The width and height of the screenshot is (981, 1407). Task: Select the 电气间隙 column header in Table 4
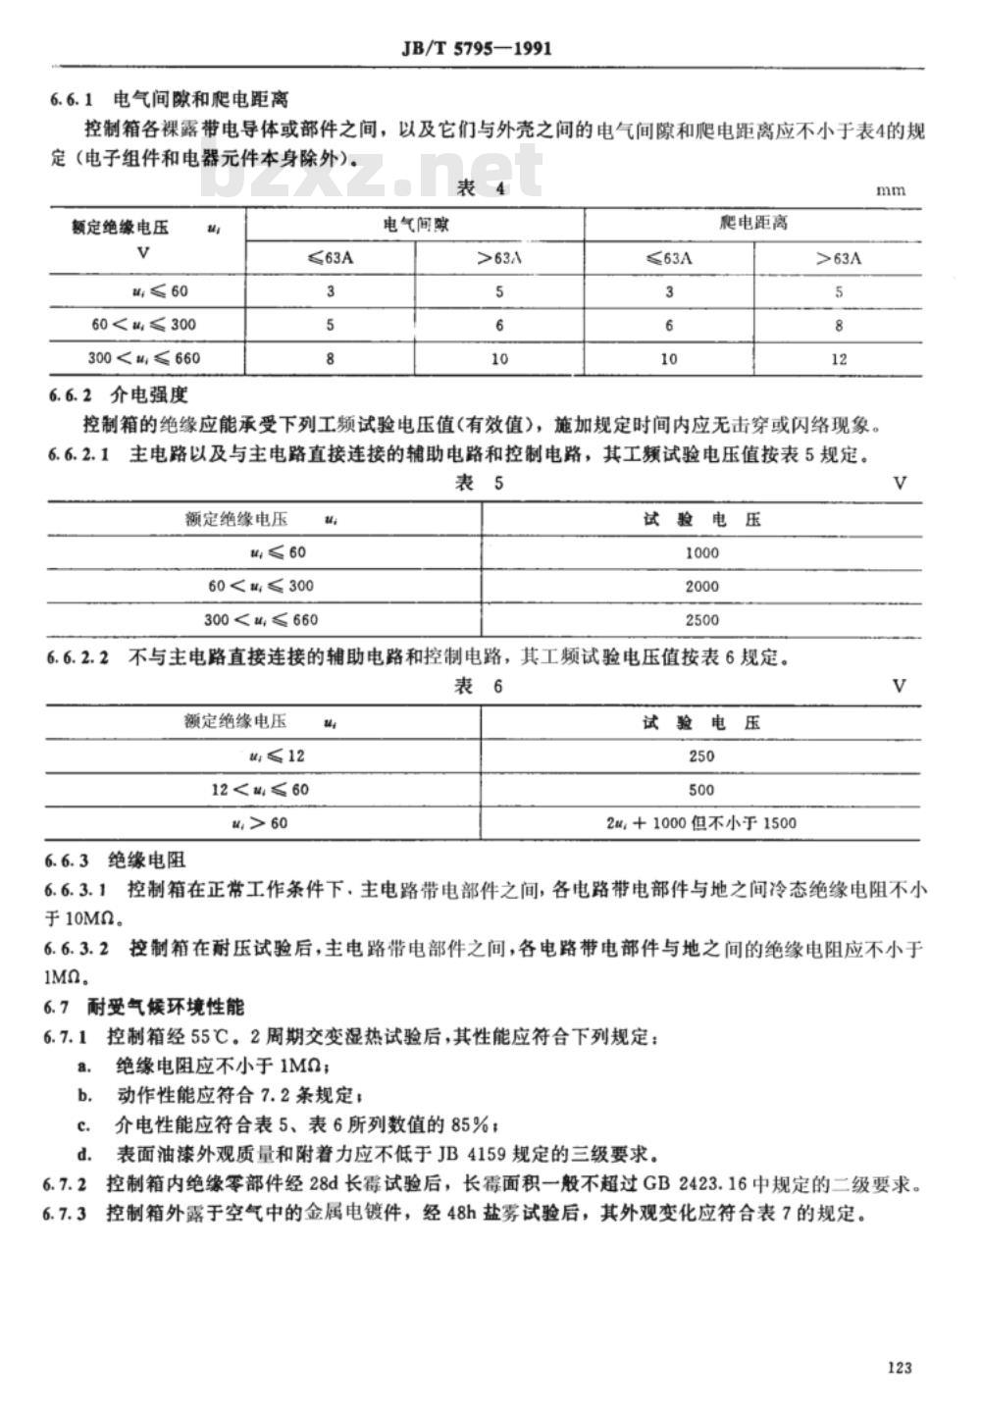(x=415, y=224)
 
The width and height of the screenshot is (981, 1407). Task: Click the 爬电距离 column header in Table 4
(x=753, y=224)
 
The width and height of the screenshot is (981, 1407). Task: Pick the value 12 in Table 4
(x=839, y=359)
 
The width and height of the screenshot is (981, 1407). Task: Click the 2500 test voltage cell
(x=702, y=620)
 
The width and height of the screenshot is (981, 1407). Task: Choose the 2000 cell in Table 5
(x=702, y=586)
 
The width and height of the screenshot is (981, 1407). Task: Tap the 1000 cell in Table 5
(x=702, y=552)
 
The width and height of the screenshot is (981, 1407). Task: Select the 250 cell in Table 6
(x=702, y=756)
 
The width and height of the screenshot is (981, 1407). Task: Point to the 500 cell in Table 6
(x=702, y=790)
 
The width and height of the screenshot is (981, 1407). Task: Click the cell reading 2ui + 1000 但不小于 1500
(x=702, y=823)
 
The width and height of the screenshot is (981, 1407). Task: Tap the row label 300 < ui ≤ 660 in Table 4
(x=144, y=358)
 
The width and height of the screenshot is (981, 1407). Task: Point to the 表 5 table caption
(x=480, y=482)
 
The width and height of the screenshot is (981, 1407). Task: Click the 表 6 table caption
(x=480, y=686)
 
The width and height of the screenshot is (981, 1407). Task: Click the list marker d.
(x=84, y=1154)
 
